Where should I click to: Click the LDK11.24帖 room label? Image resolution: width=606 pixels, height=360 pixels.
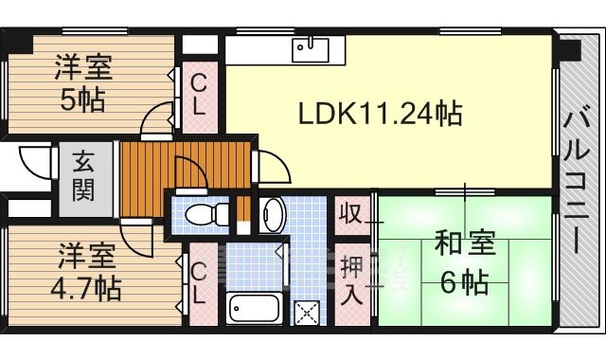pyautogui.click(x=380, y=115)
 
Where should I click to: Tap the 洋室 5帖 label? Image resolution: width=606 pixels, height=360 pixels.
pyautogui.click(x=83, y=83)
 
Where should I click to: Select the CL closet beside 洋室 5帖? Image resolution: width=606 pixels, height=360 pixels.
pyautogui.click(x=199, y=96)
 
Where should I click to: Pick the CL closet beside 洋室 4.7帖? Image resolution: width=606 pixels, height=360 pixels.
pyautogui.click(x=198, y=284)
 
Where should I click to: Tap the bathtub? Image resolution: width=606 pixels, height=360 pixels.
pyautogui.click(x=255, y=308)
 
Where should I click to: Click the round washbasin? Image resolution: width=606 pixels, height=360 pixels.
pyautogui.click(x=272, y=214)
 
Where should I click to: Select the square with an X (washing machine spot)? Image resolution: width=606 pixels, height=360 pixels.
pyautogui.click(x=307, y=311)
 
